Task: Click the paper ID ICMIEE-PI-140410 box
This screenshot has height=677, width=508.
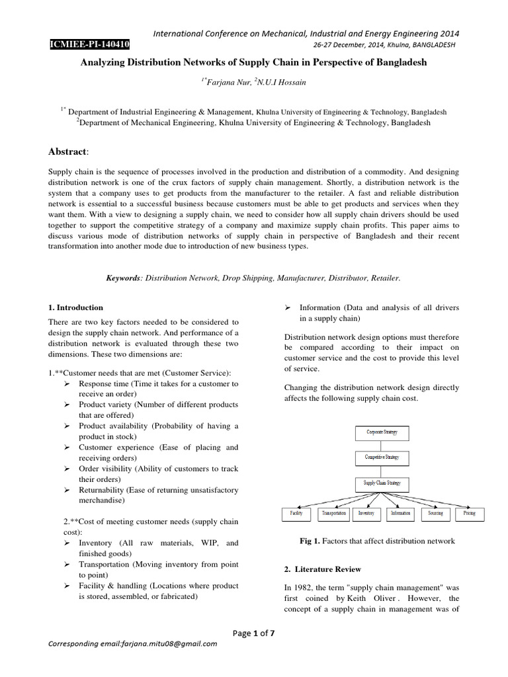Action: coord(89,45)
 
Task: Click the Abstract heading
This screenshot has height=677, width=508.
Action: coord(67,151)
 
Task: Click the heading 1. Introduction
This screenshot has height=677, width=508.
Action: coord(76,307)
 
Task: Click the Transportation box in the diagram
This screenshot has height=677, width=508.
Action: coord(333,513)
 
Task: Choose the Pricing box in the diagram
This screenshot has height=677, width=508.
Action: coord(469,513)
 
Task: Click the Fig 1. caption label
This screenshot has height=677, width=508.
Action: coord(311,541)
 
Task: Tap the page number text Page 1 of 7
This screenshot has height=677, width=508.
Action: coord(254,633)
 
